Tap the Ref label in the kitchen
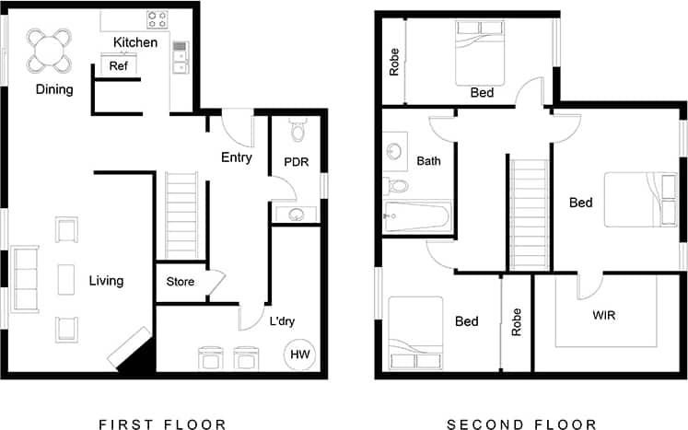(118, 66)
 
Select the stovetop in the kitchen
(157, 18)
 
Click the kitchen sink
(180, 60)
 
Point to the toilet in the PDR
(297, 132)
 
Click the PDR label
(296, 162)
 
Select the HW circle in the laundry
(299, 354)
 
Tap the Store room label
(180, 282)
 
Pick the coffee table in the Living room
(66, 279)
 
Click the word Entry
(237, 157)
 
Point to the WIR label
(604, 315)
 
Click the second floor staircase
(529, 214)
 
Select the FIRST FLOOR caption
(162, 424)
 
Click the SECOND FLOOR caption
(521, 424)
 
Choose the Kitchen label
(135, 42)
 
